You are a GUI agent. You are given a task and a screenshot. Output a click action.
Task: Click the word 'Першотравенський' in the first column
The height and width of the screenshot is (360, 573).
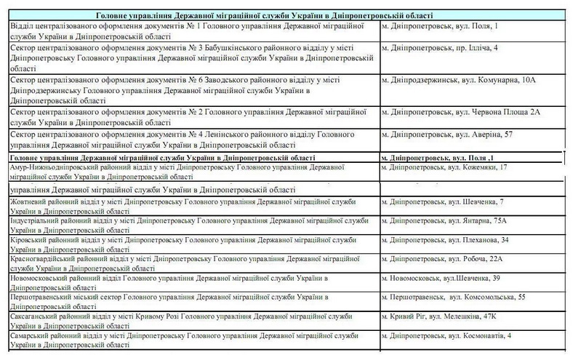tap(41, 298)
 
